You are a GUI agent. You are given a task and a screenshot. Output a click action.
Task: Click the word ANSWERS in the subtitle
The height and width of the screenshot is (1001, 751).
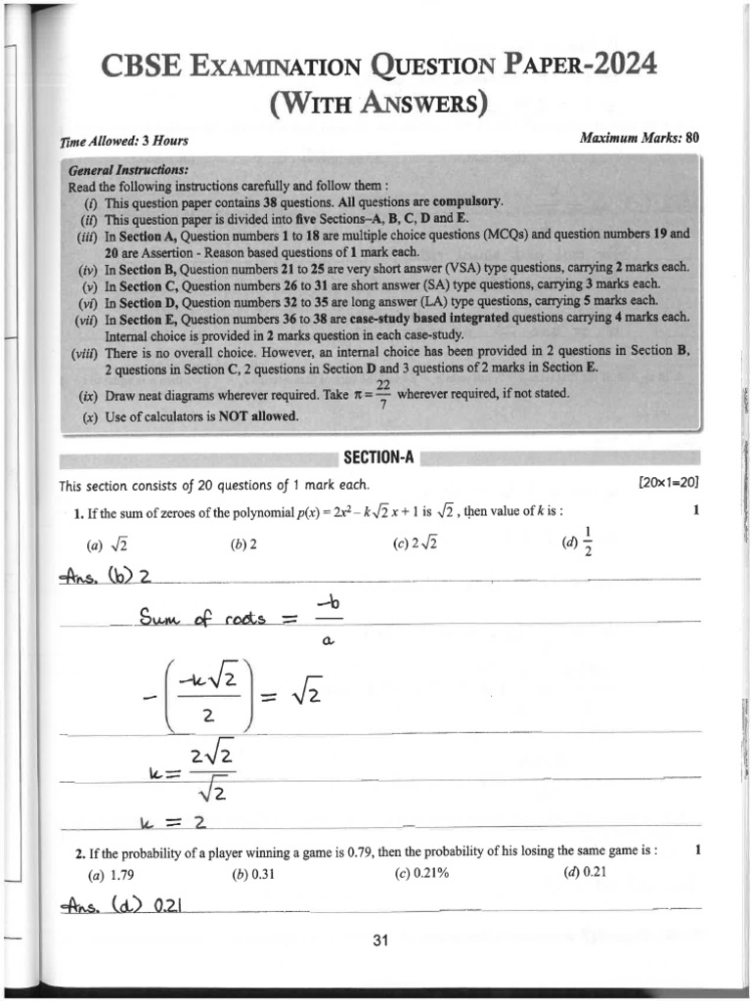(427, 105)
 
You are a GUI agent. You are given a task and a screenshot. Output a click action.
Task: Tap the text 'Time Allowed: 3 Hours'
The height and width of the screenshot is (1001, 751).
(124, 142)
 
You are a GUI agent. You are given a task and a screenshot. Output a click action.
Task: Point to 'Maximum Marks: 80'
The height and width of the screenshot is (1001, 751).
(640, 138)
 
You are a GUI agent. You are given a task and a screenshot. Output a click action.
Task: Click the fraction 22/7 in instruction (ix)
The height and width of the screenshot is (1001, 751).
(382, 395)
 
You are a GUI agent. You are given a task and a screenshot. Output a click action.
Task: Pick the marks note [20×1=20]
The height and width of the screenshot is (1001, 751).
(668, 484)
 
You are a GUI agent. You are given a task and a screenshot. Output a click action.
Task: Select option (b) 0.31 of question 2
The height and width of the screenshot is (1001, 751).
(253, 874)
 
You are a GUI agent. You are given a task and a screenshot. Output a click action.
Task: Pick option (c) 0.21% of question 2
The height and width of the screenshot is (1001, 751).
(421, 874)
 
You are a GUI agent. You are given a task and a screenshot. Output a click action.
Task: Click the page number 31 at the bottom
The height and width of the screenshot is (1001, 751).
(381, 941)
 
